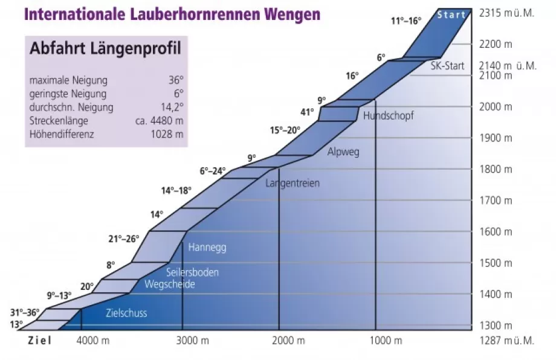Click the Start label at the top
click(x=451, y=14)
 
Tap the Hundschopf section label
click(x=389, y=115)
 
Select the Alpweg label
click(x=343, y=152)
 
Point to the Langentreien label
click(x=293, y=183)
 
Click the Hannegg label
click(x=207, y=247)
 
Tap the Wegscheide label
click(x=170, y=284)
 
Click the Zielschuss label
click(x=126, y=313)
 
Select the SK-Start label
click(x=447, y=66)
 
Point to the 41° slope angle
click(x=307, y=112)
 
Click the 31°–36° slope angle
click(x=25, y=312)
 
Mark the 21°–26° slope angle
click(x=124, y=239)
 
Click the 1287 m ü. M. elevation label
click(x=506, y=340)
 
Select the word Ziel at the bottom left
click(x=40, y=341)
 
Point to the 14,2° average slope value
click(x=172, y=108)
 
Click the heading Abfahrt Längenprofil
click(x=105, y=50)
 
